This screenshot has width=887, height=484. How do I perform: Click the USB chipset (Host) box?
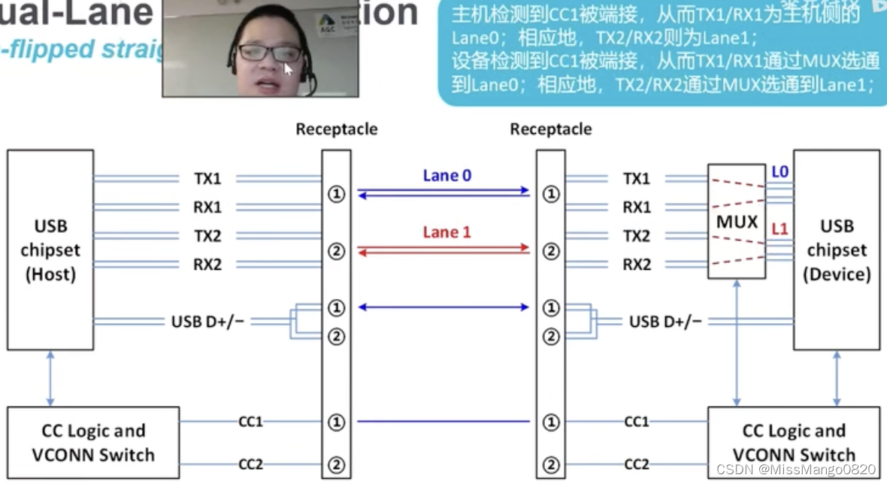click(50, 250)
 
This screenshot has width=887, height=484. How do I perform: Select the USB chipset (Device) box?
click(836, 250)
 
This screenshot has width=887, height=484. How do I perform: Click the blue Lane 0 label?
click(447, 176)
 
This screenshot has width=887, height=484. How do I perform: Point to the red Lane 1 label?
click(447, 232)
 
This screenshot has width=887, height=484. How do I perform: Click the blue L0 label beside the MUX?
click(780, 172)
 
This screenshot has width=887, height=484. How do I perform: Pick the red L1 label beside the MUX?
click(780, 228)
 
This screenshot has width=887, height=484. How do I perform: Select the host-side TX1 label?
click(207, 179)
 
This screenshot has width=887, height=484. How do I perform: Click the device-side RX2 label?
click(637, 265)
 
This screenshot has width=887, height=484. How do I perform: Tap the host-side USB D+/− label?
click(207, 322)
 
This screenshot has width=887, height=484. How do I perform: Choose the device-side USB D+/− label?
click(665, 322)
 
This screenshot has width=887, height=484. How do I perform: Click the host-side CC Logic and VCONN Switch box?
click(93, 443)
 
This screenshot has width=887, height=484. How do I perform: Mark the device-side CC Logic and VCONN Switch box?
click(794, 443)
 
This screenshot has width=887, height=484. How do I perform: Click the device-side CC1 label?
click(637, 422)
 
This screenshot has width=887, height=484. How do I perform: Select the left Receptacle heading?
click(336, 129)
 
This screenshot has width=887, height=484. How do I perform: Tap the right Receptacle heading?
click(550, 129)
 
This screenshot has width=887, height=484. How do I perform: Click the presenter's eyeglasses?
click(269, 53)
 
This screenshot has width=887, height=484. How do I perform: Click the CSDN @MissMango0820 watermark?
click(796, 469)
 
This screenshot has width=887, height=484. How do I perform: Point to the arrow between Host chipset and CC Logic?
click(50, 379)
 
